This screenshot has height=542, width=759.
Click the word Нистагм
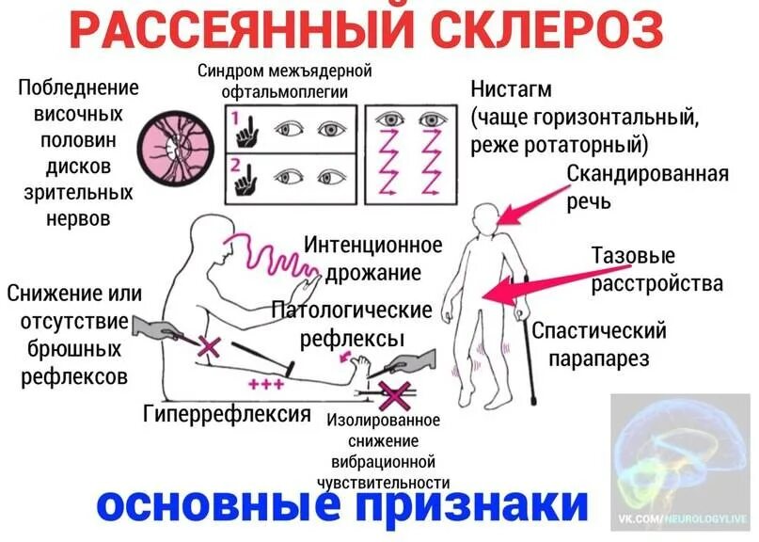pyautogui.click(x=511, y=89)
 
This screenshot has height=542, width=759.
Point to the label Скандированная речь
pyautogui.click(x=647, y=187)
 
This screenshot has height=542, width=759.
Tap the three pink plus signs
pyautogui.click(x=267, y=384)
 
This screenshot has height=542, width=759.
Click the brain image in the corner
pyautogui.click(x=680, y=452)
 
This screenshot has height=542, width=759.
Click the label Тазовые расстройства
pyautogui.click(x=656, y=269)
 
